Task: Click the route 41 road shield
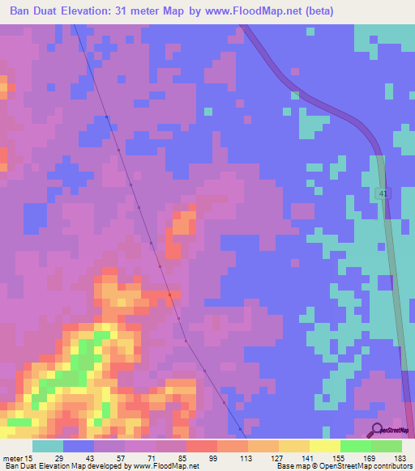click(x=383, y=193)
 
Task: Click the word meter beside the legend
click(x=13, y=459)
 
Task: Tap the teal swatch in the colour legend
click(x=48, y=446)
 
